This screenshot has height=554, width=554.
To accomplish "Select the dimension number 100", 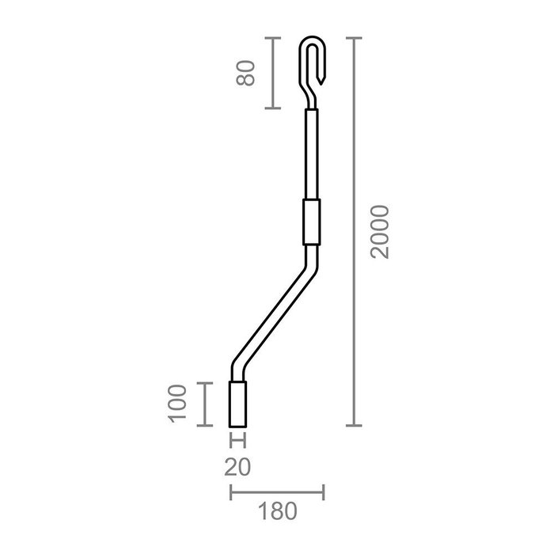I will [x=179, y=404].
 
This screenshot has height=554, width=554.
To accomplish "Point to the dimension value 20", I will [x=237, y=467].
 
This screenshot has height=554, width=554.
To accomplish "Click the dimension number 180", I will [x=276, y=510].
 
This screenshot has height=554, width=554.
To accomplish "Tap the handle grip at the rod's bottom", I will [x=238, y=404].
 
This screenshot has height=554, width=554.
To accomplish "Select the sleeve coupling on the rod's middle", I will [x=311, y=222].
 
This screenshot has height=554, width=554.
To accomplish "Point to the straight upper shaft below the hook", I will [x=311, y=154].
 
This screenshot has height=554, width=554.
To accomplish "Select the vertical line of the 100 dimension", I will [x=205, y=404].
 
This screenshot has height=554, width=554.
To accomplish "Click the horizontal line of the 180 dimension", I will [x=276, y=495].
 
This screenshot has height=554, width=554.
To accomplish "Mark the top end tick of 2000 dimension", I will [x=353, y=37].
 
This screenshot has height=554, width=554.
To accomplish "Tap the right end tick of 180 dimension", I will [x=323, y=495].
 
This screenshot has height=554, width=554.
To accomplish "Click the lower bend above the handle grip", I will [x=236, y=369].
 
